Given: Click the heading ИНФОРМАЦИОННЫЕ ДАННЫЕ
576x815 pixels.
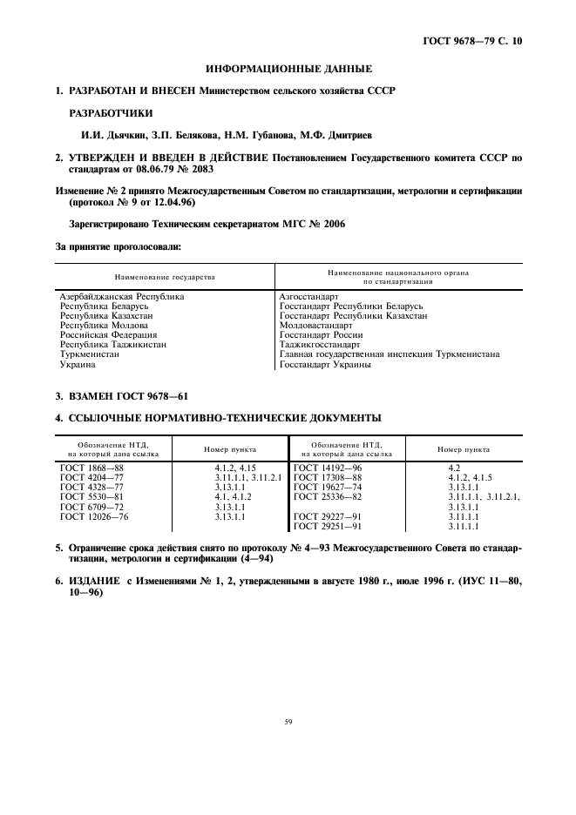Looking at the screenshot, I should [288, 68].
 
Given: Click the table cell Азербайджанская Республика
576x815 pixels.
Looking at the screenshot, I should [122, 297].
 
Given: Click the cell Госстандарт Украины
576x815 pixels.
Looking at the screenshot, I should [325, 364].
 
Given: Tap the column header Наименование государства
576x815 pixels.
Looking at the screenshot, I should [164, 276].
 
